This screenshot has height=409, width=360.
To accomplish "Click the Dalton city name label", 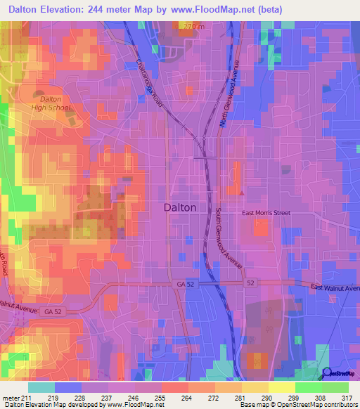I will tap(180, 207).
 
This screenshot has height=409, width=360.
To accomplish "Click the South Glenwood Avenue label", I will tap(228, 238).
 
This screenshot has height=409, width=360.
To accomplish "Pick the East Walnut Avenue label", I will tap(336, 288).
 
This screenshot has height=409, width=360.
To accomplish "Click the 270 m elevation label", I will tap(193, 27).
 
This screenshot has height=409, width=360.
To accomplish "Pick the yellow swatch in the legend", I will tap(282, 387).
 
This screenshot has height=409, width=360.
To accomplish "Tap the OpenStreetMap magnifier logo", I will tap(326, 373).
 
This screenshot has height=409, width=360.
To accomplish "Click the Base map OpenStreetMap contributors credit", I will tap(297, 405).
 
